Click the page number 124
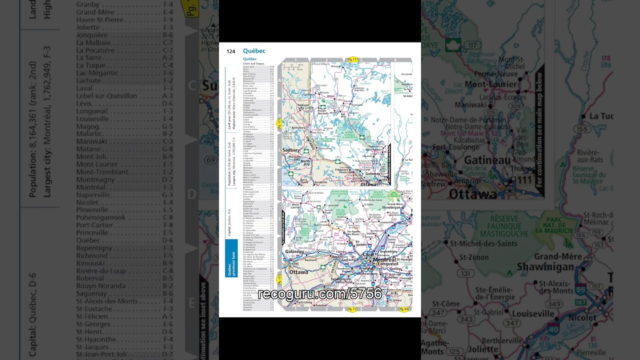tap(230, 51)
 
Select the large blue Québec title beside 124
tap(254, 51)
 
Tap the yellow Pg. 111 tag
tap(353, 59)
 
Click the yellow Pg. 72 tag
tap(352, 310)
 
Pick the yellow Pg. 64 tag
tap(403, 310)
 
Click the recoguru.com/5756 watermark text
tap(319, 294)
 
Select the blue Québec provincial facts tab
tap(230, 258)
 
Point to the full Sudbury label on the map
tap(290, 150)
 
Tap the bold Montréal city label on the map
tap(383, 259)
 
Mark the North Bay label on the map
tap(305, 163)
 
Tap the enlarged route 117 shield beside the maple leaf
tap(470, 45)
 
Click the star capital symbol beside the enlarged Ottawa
tap(509, 190)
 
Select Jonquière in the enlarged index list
tap(92, 35)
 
